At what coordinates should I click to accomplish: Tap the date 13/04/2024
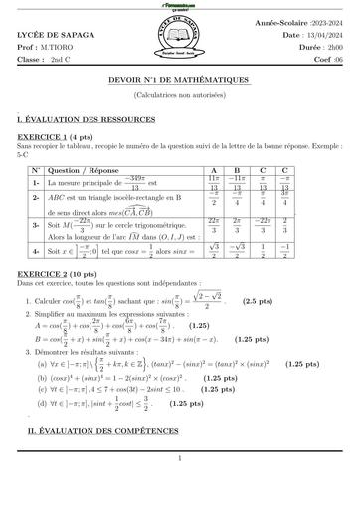click(x=318, y=35)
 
